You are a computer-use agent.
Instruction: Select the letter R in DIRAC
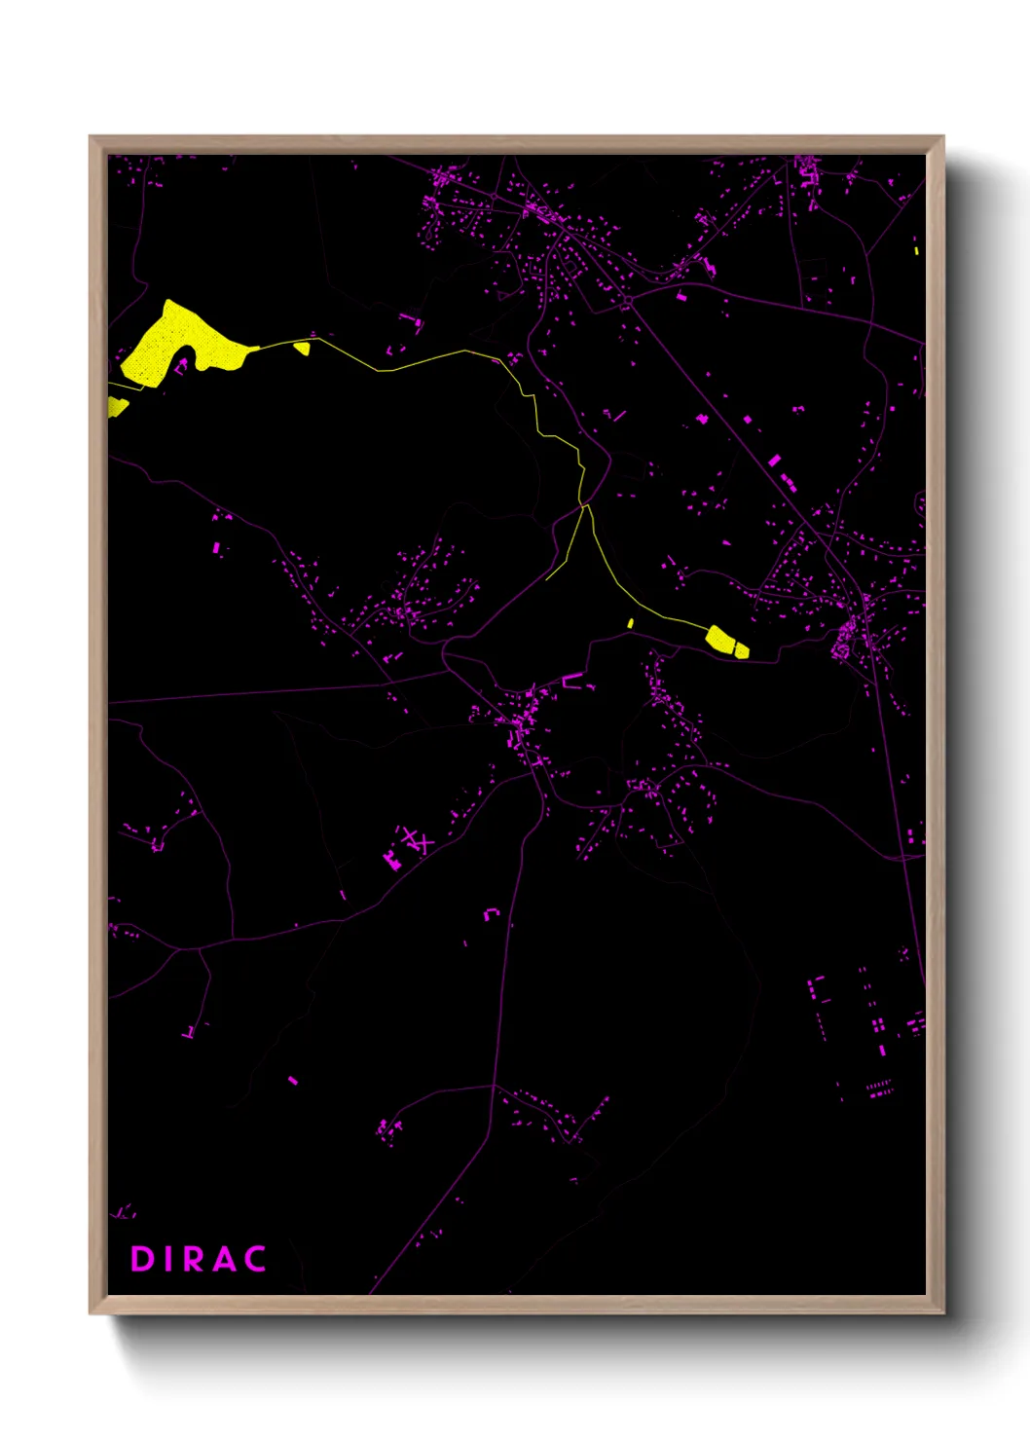[195, 1259]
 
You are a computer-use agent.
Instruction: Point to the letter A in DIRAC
[225, 1259]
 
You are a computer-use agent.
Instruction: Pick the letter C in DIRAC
[255, 1259]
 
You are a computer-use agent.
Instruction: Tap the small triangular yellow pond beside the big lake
[303, 347]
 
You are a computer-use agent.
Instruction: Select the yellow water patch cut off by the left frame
[116, 406]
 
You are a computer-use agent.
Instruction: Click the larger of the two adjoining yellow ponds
[720, 639]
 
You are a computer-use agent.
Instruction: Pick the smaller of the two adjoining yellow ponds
[741, 649]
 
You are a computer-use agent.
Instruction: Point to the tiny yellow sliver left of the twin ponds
[631, 623]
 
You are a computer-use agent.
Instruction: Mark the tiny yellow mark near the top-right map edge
[916, 250]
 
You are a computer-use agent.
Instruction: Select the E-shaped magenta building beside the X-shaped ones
[392, 859]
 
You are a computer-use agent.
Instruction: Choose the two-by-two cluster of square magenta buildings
[878, 1024]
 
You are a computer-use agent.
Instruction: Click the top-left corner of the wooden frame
[91, 137]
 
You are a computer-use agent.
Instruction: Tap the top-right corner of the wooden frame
[943, 137]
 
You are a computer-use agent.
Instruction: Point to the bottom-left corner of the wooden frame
[91, 1312]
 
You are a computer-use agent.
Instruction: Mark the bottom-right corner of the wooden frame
[943, 1312]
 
